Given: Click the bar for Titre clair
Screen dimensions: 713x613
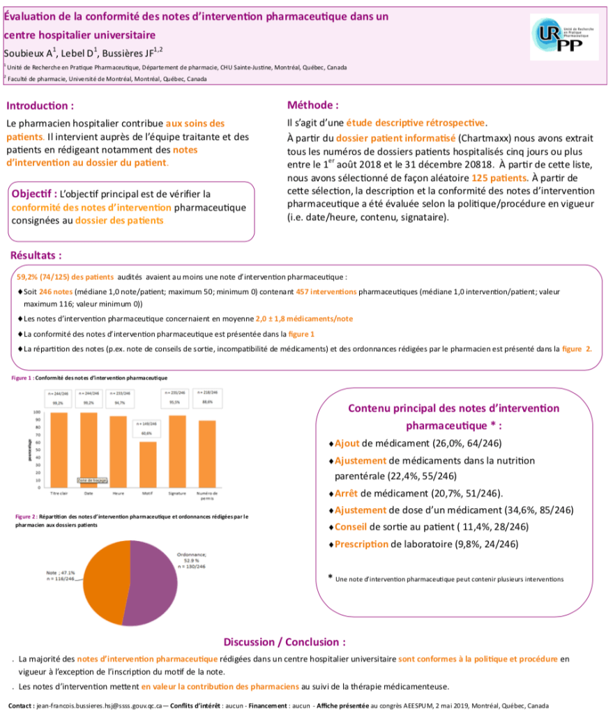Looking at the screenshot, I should point(59,450).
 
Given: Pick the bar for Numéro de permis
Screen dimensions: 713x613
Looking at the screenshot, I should point(207,453).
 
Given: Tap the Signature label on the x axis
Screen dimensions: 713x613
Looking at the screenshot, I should point(177,493).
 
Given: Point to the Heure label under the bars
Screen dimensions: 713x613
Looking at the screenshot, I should point(118,493).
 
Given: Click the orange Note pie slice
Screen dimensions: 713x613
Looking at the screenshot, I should point(105,578).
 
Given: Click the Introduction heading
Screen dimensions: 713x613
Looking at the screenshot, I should point(40,107).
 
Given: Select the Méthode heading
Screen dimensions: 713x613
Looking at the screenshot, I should point(313,105).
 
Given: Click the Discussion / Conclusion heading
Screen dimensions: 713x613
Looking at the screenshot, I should point(285,642).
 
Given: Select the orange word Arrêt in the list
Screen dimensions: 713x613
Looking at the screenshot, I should point(349,493).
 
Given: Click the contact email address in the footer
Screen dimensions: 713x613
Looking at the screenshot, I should point(97,705).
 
